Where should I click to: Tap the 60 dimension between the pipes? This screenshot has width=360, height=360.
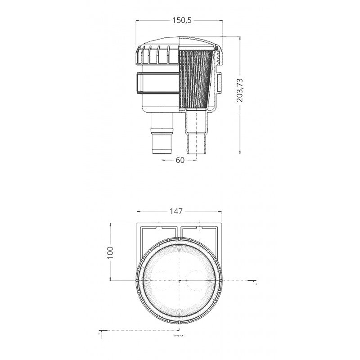180,160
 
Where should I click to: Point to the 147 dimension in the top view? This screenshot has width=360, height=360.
179,211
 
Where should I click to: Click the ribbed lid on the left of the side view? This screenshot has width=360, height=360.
157,56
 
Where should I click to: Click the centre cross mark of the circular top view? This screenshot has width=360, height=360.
180,280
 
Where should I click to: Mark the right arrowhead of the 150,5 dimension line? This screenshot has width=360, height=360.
221,21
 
